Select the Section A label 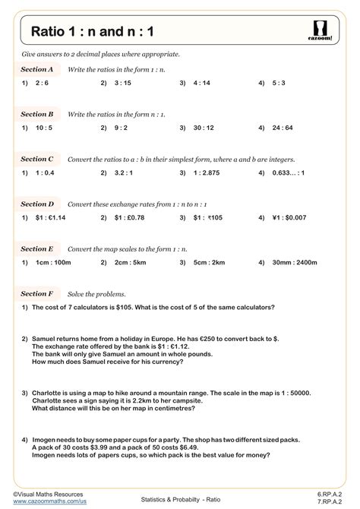tap(37, 69)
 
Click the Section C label tap(37, 160)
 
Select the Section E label tap(37, 249)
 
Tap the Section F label tap(37, 293)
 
